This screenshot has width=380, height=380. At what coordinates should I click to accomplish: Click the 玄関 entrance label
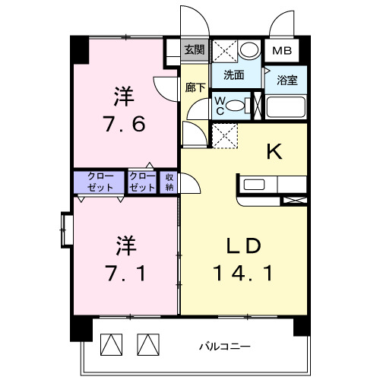point(195,50)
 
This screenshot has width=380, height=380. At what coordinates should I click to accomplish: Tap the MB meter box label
point(282,51)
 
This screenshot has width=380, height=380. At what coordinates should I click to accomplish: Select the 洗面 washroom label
point(234,75)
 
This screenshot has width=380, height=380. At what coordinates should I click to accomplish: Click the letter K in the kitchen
point(274,152)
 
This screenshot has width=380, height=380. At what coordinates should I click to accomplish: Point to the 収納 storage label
point(169,182)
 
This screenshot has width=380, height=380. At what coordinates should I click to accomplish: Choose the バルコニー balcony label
point(225,346)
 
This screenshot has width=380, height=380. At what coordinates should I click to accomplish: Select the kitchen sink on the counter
point(254,183)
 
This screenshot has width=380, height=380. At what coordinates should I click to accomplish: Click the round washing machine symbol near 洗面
point(248,50)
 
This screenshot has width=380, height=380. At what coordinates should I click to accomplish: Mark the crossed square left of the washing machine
point(224,50)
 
